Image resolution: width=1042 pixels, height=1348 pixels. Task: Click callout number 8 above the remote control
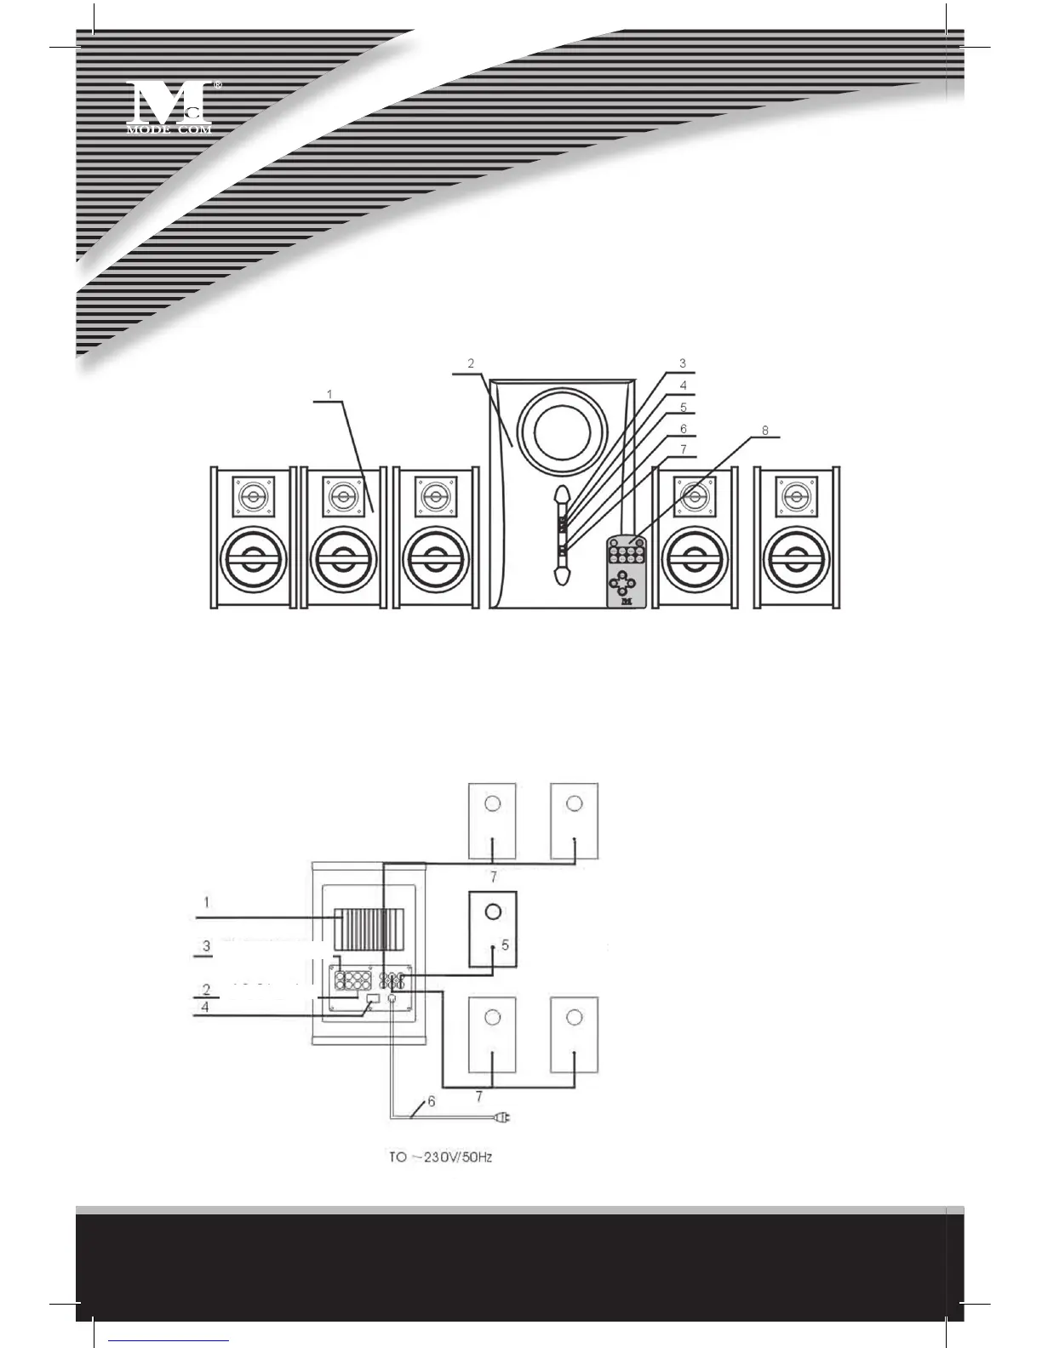(x=764, y=431)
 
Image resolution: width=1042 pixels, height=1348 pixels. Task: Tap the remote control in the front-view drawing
(x=628, y=571)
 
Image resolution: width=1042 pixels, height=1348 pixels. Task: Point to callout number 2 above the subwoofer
(x=471, y=363)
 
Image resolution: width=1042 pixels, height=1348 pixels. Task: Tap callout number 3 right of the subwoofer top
(x=683, y=363)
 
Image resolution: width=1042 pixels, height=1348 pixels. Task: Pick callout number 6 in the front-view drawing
(x=683, y=429)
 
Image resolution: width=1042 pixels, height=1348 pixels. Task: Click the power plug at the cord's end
(x=503, y=1117)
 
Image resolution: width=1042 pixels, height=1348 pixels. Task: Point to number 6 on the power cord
(x=431, y=1101)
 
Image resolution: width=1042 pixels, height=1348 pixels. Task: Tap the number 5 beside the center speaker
(x=504, y=944)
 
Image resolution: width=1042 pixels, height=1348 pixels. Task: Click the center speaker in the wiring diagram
(x=493, y=928)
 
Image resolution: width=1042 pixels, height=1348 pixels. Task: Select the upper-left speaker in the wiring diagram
(x=493, y=820)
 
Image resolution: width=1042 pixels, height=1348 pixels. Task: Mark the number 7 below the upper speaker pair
(x=493, y=876)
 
